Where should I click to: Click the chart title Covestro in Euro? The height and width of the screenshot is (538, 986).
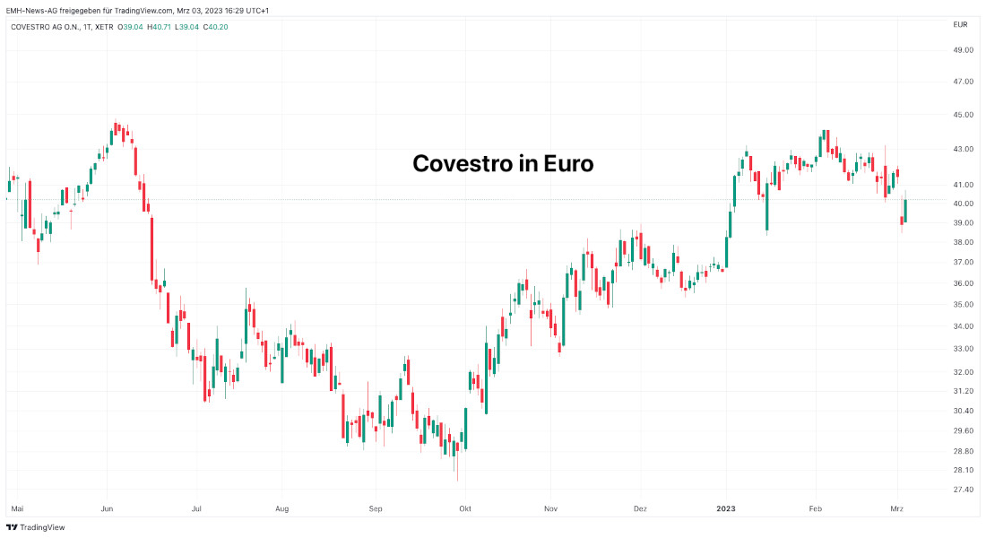(x=502, y=164)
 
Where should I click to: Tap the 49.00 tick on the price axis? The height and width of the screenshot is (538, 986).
(x=964, y=50)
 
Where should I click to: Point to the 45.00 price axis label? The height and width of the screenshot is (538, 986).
(x=964, y=115)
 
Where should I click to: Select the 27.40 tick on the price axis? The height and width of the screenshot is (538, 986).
(x=964, y=490)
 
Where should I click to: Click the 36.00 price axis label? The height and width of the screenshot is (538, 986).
(x=964, y=283)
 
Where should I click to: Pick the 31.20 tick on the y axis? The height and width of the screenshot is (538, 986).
(x=964, y=391)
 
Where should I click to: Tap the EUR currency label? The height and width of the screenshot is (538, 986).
(x=960, y=24)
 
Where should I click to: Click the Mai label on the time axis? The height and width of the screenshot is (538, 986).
(x=16, y=508)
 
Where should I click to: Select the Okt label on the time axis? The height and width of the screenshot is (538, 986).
(x=464, y=508)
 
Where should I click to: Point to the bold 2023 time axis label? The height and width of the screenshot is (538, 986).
(x=726, y=508)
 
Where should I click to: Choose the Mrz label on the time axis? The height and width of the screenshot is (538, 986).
(x=896, y=508)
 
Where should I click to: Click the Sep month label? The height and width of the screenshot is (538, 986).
(x=376, y=508)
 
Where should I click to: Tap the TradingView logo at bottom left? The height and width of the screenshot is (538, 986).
(x=36, y=527)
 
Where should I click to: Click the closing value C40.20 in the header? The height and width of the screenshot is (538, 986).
(x=216, y=26)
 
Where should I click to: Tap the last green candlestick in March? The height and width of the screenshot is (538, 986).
(x=905, y=211)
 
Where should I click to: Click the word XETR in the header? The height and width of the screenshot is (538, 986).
(x=104, y=26)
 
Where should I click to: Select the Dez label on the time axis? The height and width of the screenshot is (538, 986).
(x=640, y=508)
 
